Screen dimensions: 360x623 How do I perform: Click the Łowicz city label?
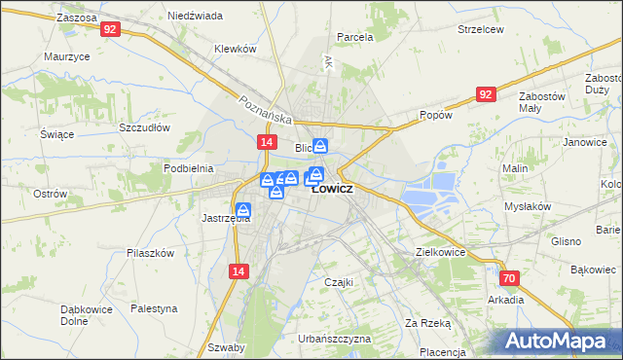click(x=333, y=189)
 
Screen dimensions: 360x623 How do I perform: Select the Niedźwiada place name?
click(x=195, y=17)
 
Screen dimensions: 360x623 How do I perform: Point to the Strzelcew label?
click(x=481, y=29)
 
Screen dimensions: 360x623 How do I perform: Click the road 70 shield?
click(x=511, y=278)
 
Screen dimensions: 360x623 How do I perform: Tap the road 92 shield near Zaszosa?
click(x=109, y=30)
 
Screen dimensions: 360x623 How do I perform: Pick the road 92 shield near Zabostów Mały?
click(x=488, y=93)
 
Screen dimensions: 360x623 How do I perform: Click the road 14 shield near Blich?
click(x=265, y=142)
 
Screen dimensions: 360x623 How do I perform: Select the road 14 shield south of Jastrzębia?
click(x=238, y=274)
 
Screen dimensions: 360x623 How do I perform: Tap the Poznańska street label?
click(x=266, y=109)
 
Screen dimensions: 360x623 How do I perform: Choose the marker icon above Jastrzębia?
click(x=243, y=208)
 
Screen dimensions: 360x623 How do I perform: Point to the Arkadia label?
click(x=506, y=300)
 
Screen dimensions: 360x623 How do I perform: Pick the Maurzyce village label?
click(x=66, y=56)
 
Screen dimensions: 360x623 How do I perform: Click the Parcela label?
click(x=354, y=37)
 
